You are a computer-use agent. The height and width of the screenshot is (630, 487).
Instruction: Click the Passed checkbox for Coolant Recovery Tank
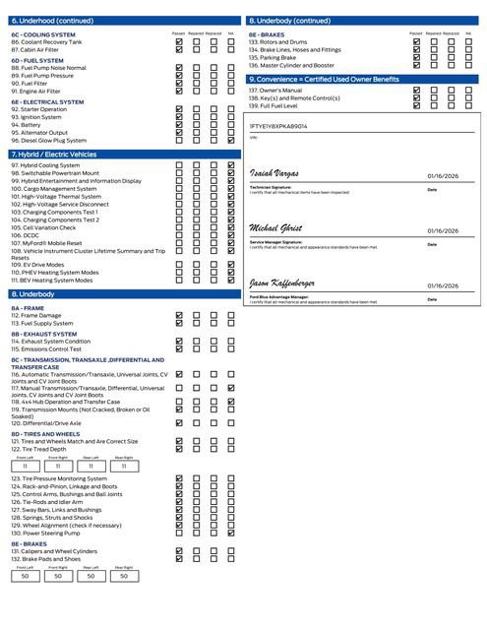(x=178, y=42)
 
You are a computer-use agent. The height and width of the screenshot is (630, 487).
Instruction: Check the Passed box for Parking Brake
(x=417, y=57)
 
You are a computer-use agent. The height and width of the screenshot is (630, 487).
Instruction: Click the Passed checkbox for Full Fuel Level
(x=417, y=106)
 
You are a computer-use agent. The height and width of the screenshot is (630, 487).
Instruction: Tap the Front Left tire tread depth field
(x=26, y=466)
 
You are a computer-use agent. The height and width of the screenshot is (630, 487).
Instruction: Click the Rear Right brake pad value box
(x=123, y=576)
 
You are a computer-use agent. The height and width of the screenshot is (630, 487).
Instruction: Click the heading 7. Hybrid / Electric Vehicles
(x=54, y=155)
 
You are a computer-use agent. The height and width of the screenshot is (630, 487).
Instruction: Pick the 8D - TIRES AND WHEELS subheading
(x=46, y=433)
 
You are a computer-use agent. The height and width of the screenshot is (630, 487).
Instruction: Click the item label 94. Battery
(x=27, y=125)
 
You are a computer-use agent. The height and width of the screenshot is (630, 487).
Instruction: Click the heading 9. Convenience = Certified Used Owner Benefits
(x=325, y=79)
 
